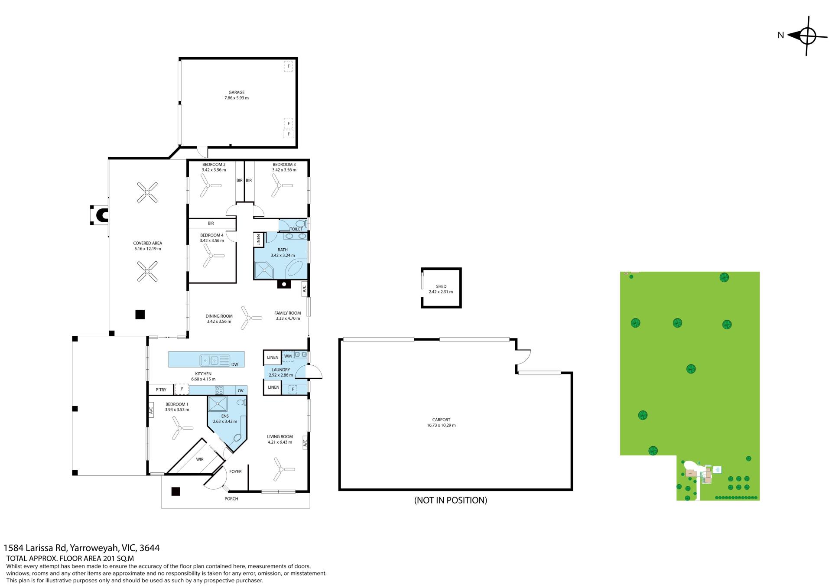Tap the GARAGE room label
tap(237, 92)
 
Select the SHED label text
tap(441, 286)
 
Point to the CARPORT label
tap(441, 419)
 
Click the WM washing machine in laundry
tap(288, 357)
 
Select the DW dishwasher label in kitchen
tap(235, 364)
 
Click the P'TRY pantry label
tap(161, 390)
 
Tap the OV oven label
tap(240, 391)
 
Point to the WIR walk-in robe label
tap(200, 459)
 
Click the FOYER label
tap(235, 471)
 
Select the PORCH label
tap(231, 499)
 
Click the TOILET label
tap(296, 229)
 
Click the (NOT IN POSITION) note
tap(451, 500)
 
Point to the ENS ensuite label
tap(224, 416)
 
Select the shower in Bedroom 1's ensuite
tap(218, 403)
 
